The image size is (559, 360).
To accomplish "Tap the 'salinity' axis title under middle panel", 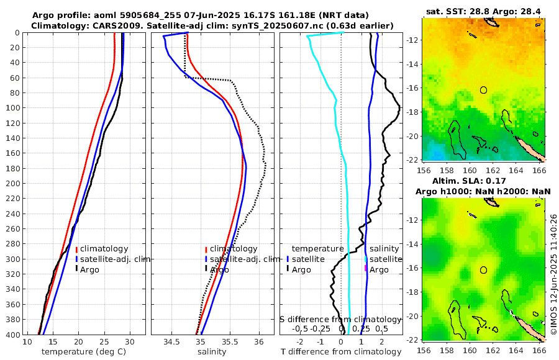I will (211, 352).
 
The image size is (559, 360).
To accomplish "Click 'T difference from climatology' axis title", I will (340, 352).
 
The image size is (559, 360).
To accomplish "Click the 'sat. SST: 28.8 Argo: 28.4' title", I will (483, 11).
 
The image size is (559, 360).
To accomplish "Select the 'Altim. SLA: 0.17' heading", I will (483, 181).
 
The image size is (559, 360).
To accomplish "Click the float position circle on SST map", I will (484, 90).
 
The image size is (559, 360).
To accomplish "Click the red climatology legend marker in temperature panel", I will (76, 249).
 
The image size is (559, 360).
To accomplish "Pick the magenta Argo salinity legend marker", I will (366, 269).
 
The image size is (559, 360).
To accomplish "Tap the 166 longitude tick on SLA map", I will (539, 351).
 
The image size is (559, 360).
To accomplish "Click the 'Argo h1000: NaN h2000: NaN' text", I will (483, 191).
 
